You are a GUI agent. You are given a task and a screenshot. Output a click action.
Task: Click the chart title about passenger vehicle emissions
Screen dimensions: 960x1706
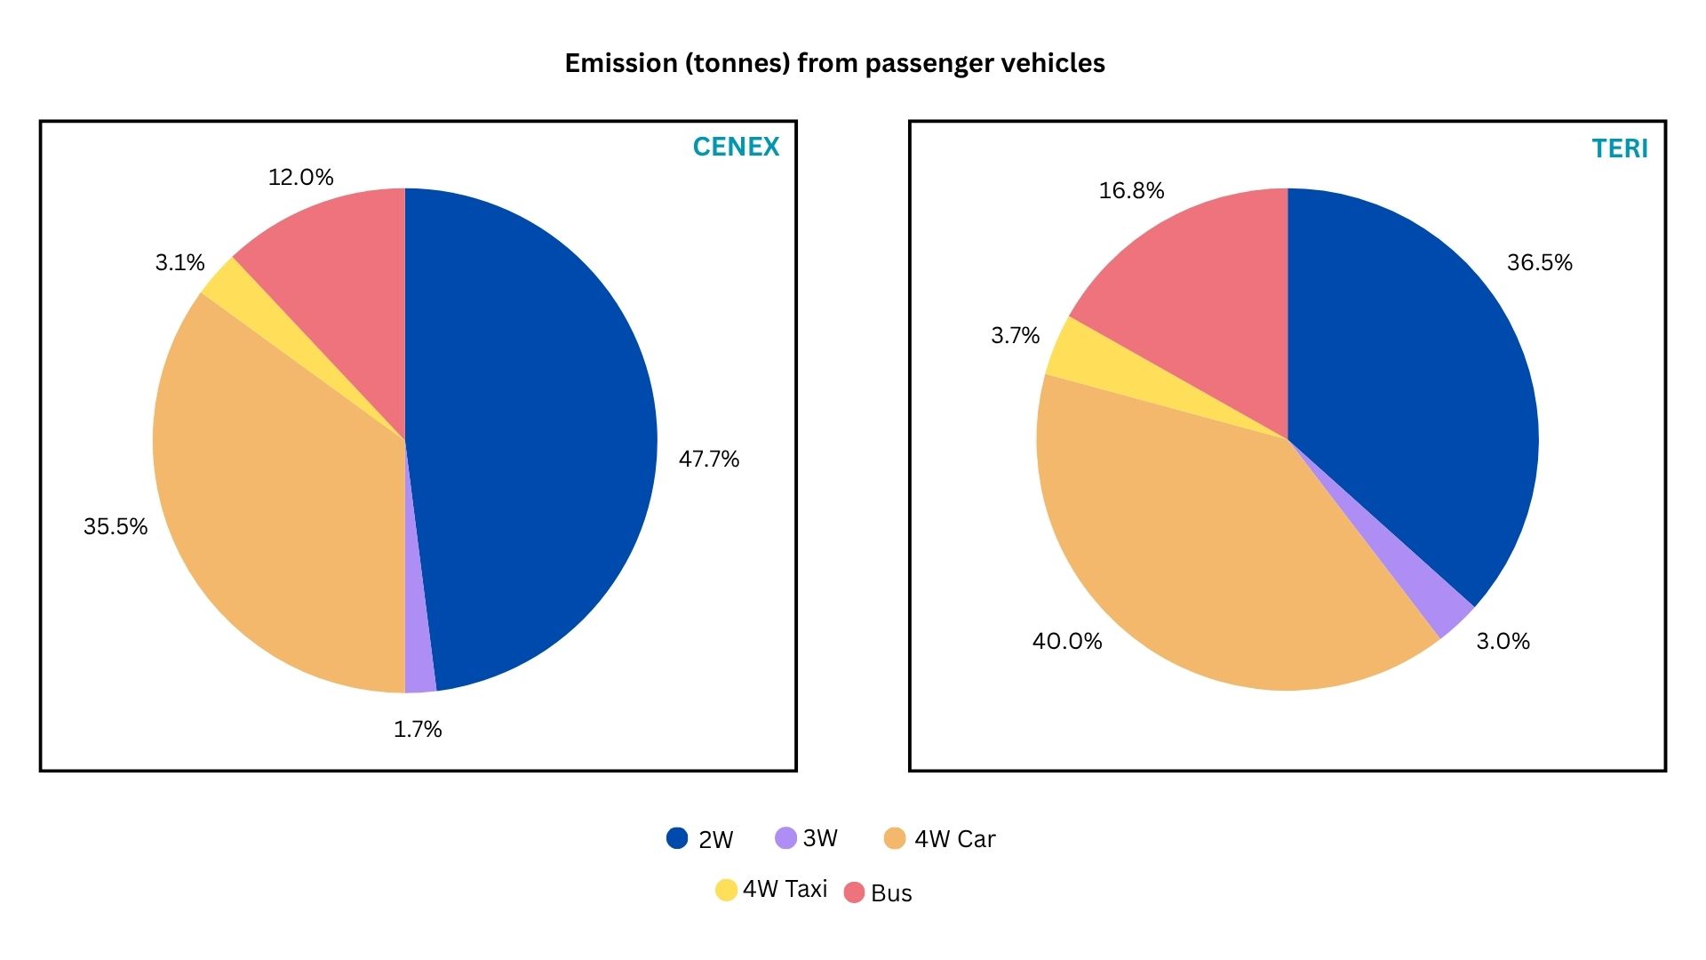tap(834, 63)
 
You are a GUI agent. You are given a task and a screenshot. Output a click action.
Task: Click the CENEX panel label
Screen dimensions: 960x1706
tap(736, 147)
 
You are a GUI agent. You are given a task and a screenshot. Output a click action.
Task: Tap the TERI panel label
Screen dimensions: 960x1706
tap(1619, 148)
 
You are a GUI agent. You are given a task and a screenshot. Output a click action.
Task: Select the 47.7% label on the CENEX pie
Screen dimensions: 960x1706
tap(708, 459)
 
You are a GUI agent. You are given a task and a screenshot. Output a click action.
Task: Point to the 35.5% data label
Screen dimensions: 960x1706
tap(116, 526)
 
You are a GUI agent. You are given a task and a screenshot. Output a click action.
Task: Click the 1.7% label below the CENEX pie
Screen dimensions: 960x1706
tap(418, 729)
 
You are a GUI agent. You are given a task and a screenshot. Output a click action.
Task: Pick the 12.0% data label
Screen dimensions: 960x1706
tap(300, 177)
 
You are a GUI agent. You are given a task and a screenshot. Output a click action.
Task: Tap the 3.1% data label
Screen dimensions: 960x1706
tap(179, 262)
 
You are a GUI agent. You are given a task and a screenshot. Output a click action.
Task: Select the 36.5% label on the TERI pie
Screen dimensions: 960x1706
tap(1539, 262)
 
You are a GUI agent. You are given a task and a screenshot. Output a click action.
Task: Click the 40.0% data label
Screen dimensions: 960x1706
tap(1066, 641)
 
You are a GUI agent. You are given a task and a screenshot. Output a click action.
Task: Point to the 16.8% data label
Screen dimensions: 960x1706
tap(1131, 190)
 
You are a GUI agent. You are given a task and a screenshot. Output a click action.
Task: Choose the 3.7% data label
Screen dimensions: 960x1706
tap(1015, 335)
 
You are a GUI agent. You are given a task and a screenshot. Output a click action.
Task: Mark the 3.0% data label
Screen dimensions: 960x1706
tap(1503, 641)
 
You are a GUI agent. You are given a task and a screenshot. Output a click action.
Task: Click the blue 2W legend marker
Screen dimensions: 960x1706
tap(677, 838)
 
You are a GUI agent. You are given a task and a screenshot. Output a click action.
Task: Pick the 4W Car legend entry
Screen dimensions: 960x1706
tap(940, 838)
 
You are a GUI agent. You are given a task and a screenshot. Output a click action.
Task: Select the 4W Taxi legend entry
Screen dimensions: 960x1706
tap(771, 889)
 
